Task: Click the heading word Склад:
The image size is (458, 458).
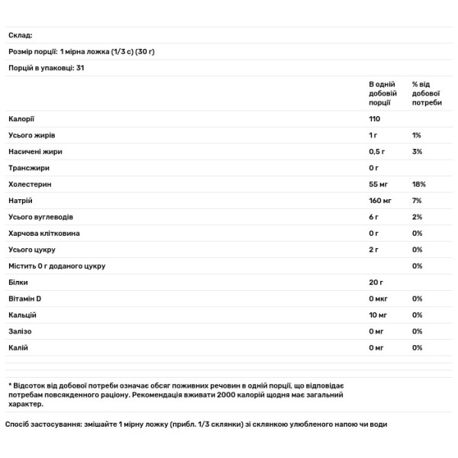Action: (21, 36)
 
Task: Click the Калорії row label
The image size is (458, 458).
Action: (22, 119)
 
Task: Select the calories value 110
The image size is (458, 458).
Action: (375, 119)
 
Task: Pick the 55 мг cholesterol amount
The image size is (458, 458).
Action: (379, 185)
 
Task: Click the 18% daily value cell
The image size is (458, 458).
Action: (418, 185)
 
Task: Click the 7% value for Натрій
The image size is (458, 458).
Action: (417, 201)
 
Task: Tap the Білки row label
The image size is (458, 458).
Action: (18, 282)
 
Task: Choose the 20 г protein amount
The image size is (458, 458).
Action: (376, 282)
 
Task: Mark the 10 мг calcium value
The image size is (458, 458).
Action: (379, 315)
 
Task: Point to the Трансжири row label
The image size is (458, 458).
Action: (29, 168)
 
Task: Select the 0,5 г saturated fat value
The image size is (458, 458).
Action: (378, 152)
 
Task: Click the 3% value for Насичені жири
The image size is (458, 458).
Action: (417, 152)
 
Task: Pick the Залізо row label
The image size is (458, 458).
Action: (21, 331)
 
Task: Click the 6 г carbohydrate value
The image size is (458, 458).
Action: (374, 218)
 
